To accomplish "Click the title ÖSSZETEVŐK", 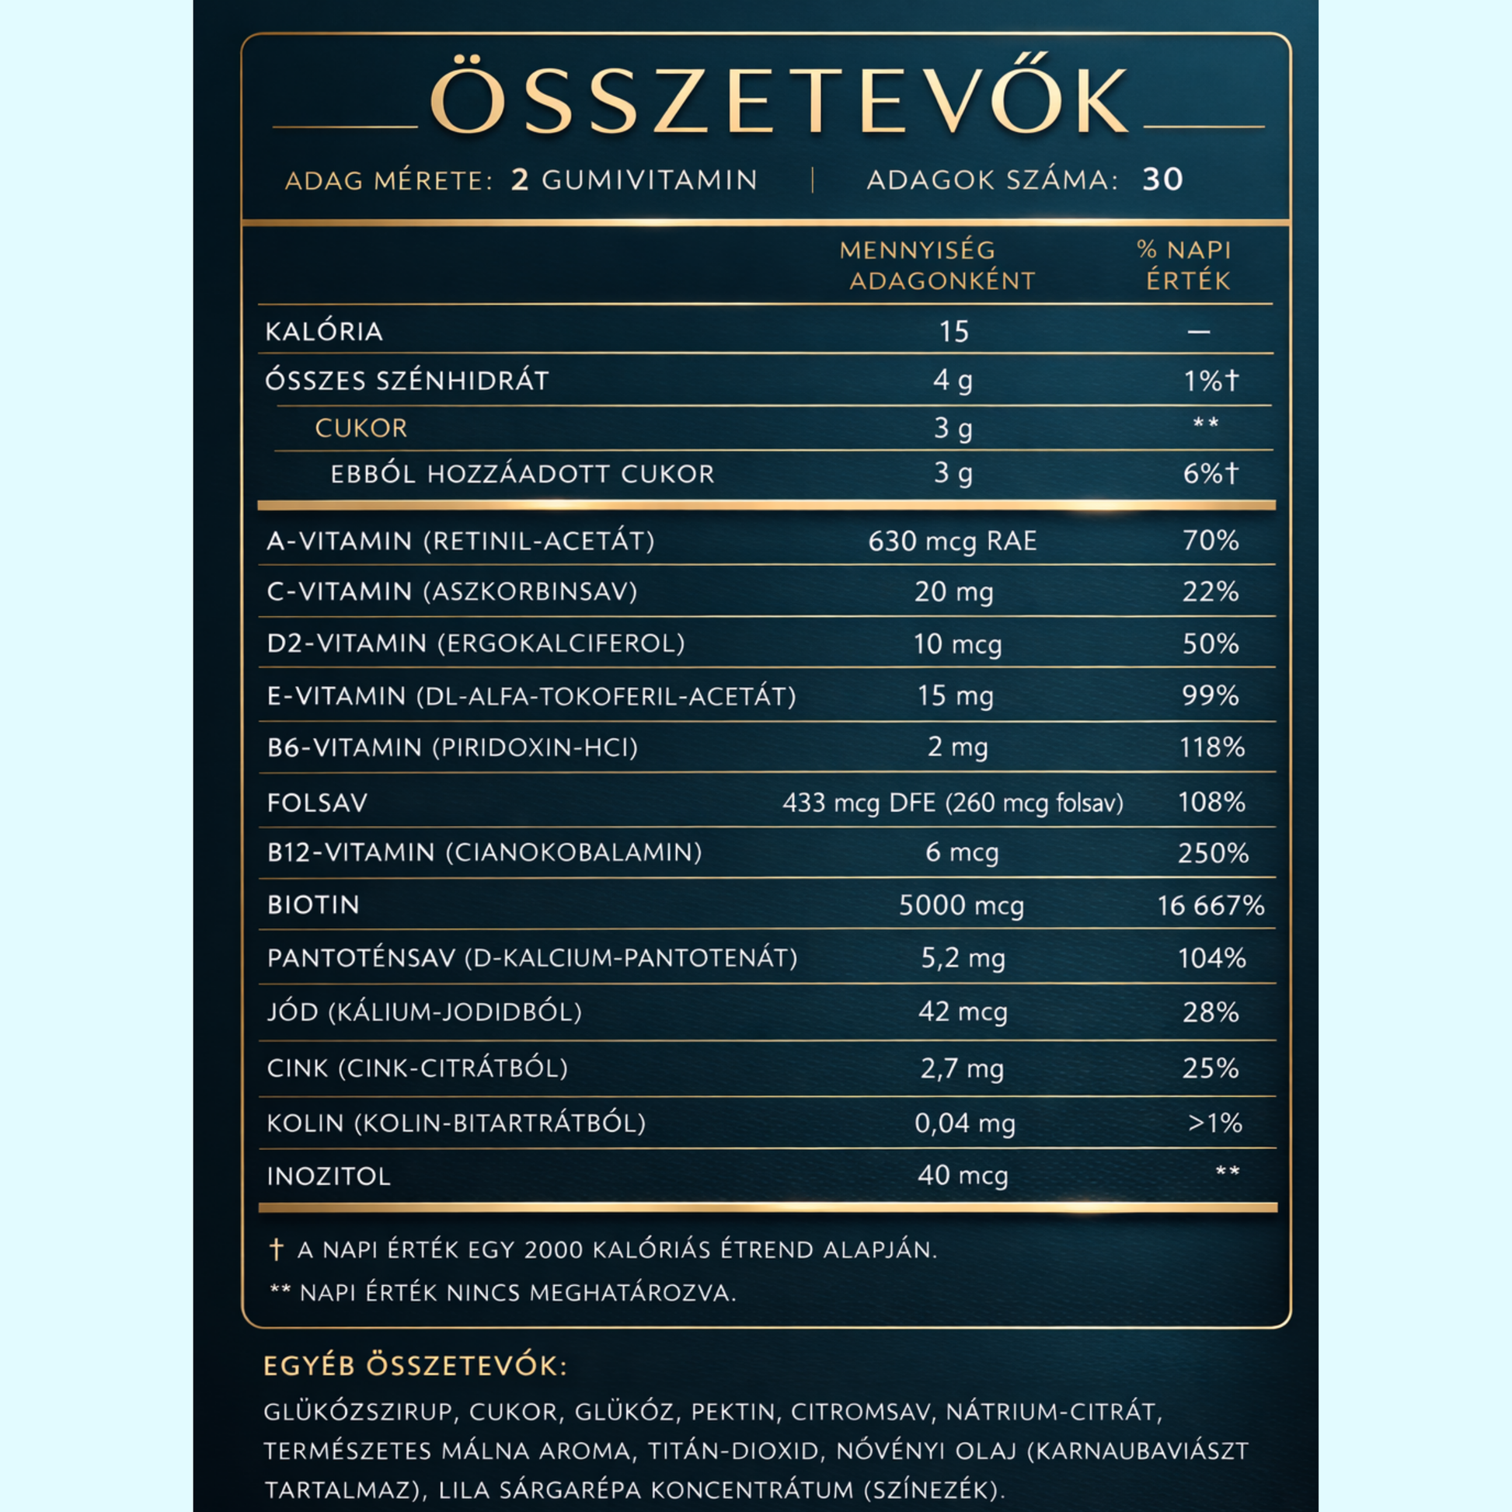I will (x=779, y=102).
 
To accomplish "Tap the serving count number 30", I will (x=1162, y=180).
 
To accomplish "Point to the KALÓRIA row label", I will (x=324, y=332).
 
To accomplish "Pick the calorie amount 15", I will (x=954, y=332).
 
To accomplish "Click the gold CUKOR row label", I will (x=361, y=428).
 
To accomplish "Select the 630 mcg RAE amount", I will (x=953, y=541).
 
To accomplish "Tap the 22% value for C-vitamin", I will (x=1211, y=591).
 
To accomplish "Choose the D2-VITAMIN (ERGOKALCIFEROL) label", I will (x=476, y=643).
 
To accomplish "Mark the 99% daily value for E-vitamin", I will (x=1211, y=695).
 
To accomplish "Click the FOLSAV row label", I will (x=317, y=803).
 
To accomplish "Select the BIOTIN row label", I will (x=313, y=905).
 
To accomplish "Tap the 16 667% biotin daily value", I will (x=1211, y=906).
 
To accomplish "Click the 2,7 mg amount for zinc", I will (x=962, y=1068).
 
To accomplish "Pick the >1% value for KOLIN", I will (x=1214, y=1124).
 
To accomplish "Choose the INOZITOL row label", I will (x=329, y=1176).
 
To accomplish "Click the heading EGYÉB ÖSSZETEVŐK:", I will (x=416, y=1367).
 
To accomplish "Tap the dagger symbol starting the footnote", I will (x=276, y=1249).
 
